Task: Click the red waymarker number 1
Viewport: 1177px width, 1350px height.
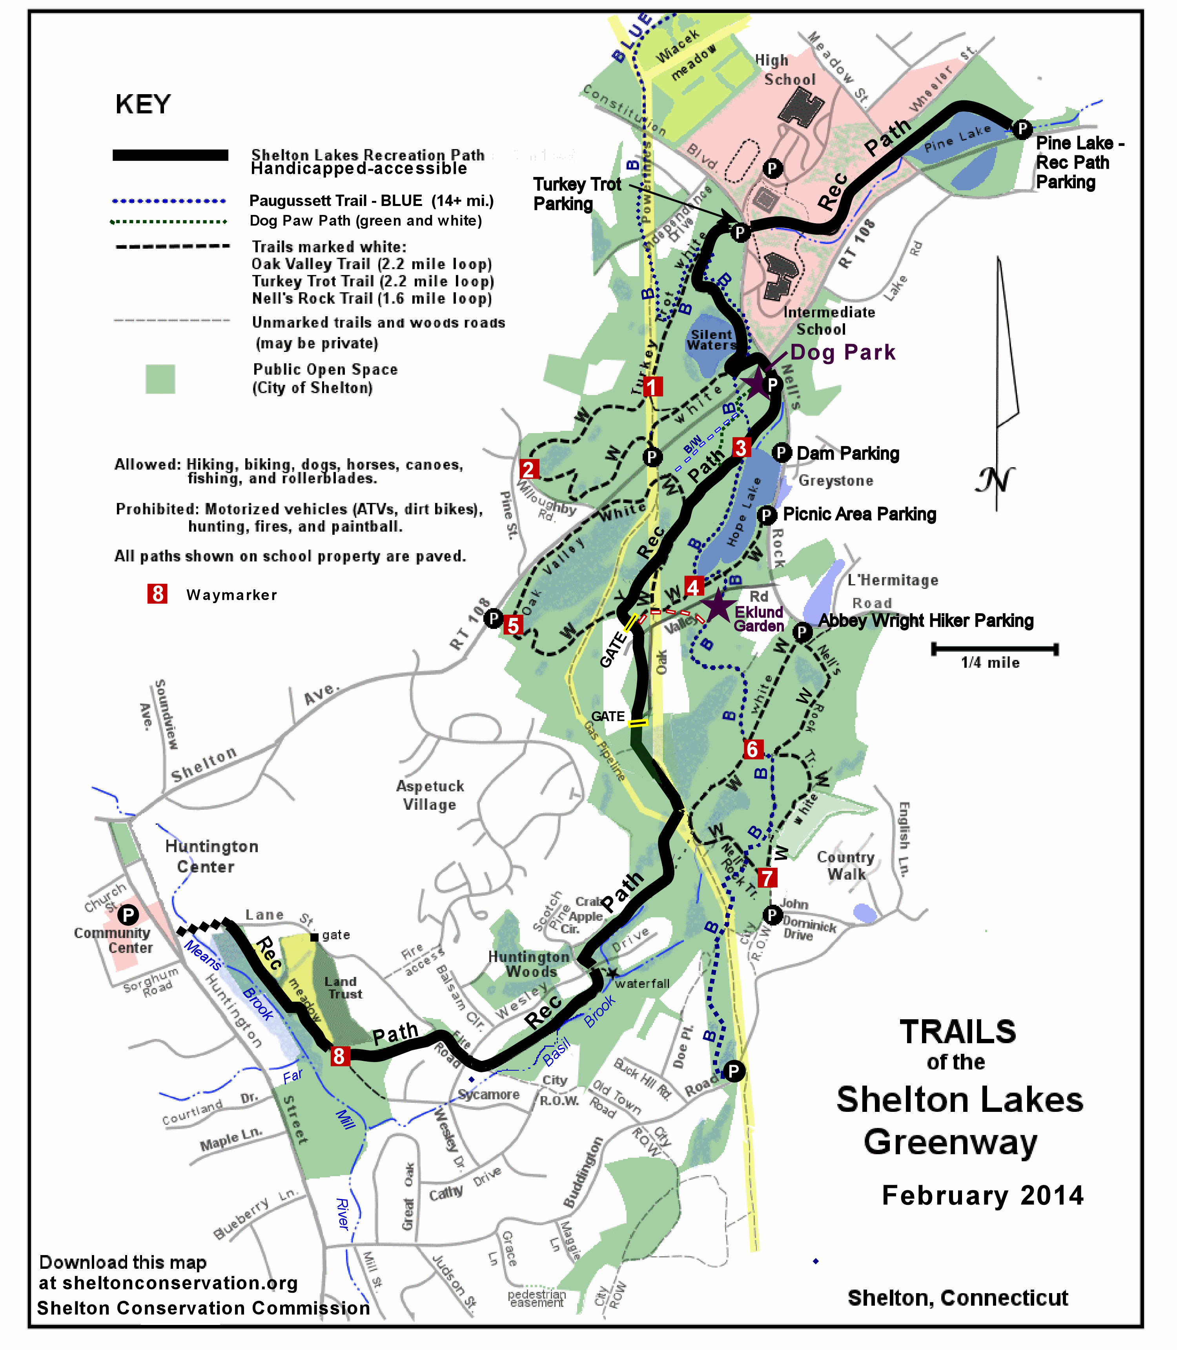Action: pos(652,386)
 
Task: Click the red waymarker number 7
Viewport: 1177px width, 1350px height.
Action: pos(767,878)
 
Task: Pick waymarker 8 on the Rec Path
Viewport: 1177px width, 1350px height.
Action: pos(339,1056)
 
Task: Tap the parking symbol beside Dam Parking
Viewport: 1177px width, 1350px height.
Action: pos(781,453)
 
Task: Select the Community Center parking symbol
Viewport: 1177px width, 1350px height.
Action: pos(128,915)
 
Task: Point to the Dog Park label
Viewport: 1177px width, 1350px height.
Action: pos(843,353)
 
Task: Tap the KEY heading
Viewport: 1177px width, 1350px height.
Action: pos(143,104)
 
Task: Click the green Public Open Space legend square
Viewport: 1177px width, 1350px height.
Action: pos(160,379)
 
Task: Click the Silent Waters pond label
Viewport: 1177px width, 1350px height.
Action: pos(711,340)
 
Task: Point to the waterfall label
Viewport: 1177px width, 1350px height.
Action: pos(642,984)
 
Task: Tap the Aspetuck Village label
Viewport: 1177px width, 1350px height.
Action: pos(430,795)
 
